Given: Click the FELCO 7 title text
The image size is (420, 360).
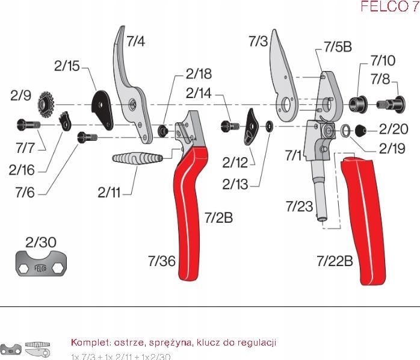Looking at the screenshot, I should (388, 7).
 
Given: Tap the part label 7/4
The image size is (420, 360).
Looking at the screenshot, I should (135, 41).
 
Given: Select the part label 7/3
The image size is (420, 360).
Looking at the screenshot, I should (258, 41).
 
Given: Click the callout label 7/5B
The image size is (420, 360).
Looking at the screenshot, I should (338, 46).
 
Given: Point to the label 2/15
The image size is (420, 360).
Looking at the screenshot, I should (67, 66).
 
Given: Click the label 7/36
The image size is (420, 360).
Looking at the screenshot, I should (161, 261).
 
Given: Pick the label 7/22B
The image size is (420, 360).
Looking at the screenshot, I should (335, 261).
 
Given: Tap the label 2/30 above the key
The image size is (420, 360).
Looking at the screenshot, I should (40, 242).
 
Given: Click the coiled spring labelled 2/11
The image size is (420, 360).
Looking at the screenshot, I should (137, 161).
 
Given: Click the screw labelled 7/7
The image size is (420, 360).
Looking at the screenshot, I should (28, 125).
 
